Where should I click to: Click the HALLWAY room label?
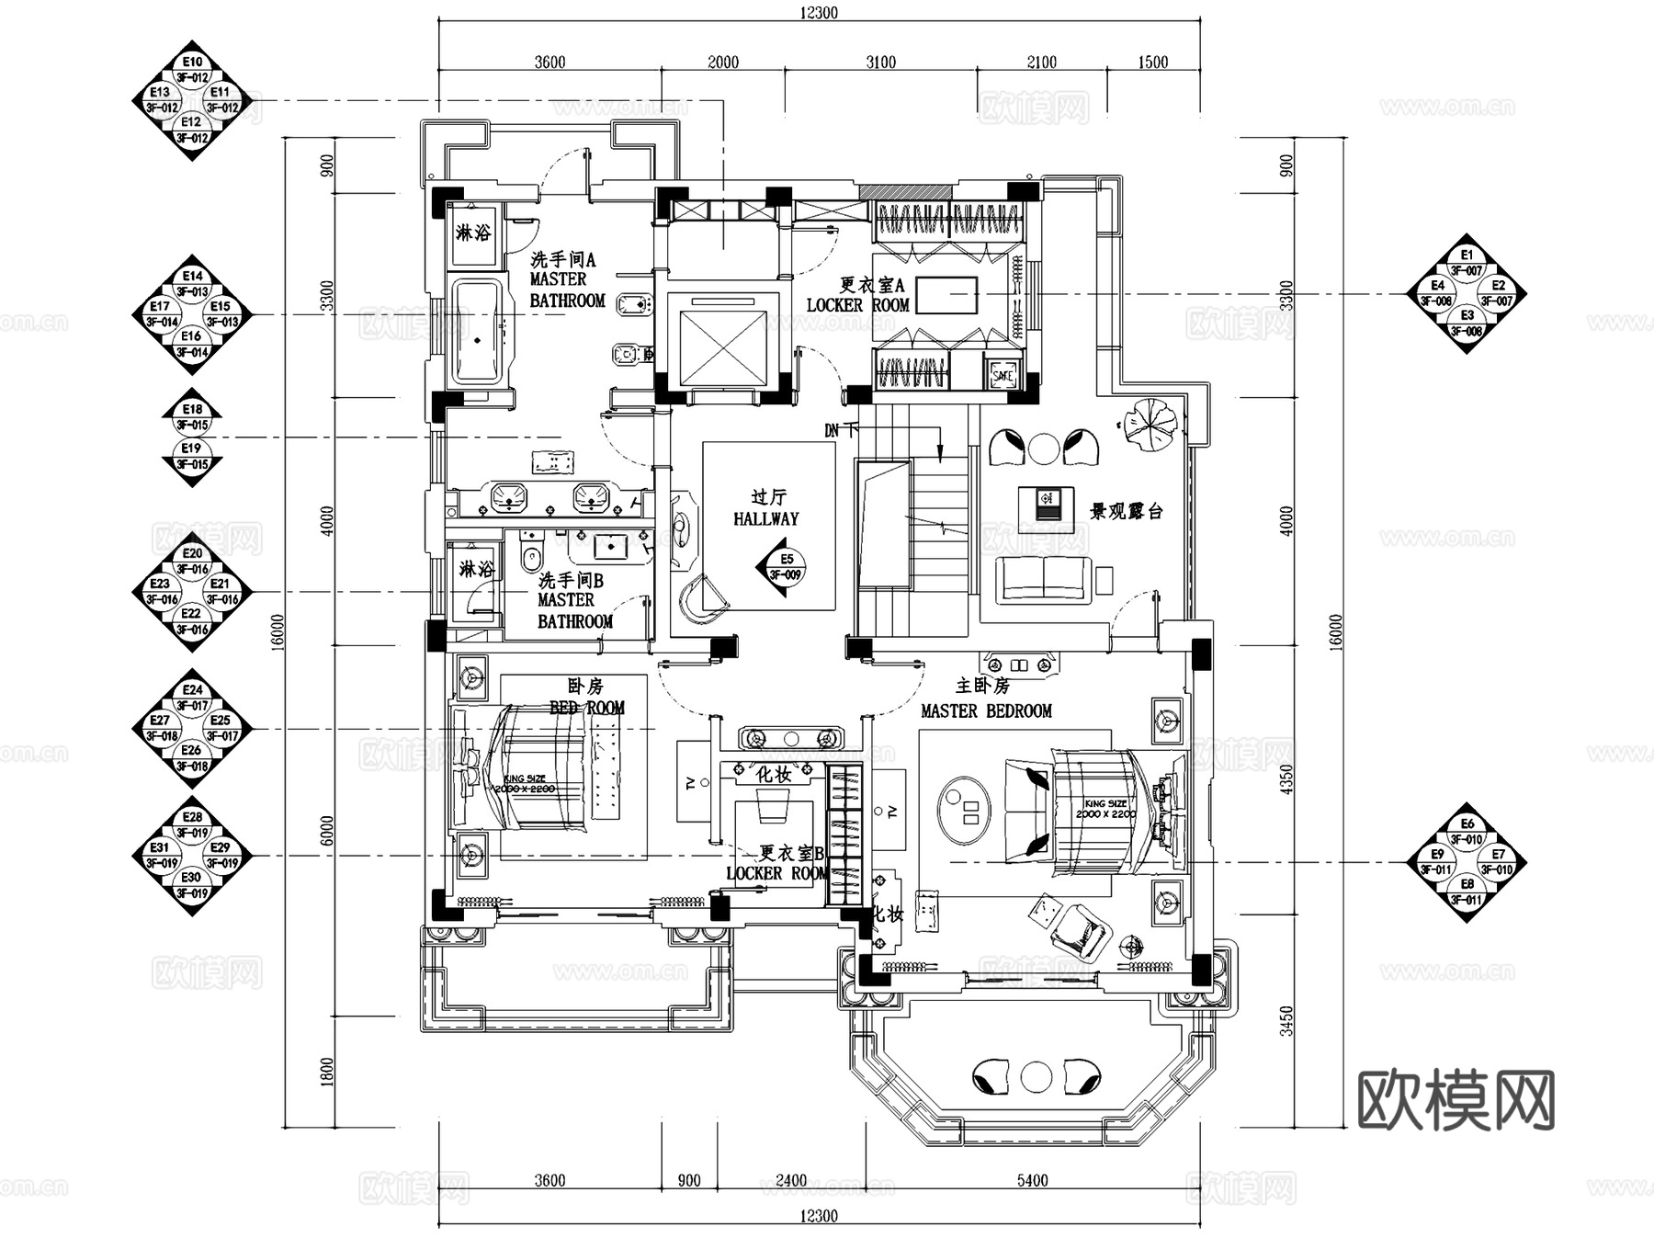click(x=765, y=518)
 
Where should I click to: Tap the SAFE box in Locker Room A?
click(x=1002, y=375)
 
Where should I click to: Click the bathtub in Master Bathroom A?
click(x=477, y=331)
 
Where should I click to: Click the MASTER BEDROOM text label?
click(x=986, y=710)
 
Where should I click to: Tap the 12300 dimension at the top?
click(x=818, y=12)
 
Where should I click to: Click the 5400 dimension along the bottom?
click(x=1032, y=1180)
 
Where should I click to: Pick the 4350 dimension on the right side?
click(x=1286, y=779)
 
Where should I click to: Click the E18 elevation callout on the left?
click(x=192, y=410)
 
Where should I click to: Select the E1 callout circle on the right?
click(x=1467, y=255)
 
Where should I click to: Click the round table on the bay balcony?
click(x=1037, y=1076)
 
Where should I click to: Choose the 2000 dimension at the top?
click(x=722, y=62)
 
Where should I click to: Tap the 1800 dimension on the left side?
click(x=328, y=1070)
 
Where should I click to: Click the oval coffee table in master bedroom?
click(x=964, y=809)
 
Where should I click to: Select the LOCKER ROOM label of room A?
click(x=857, y=305)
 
